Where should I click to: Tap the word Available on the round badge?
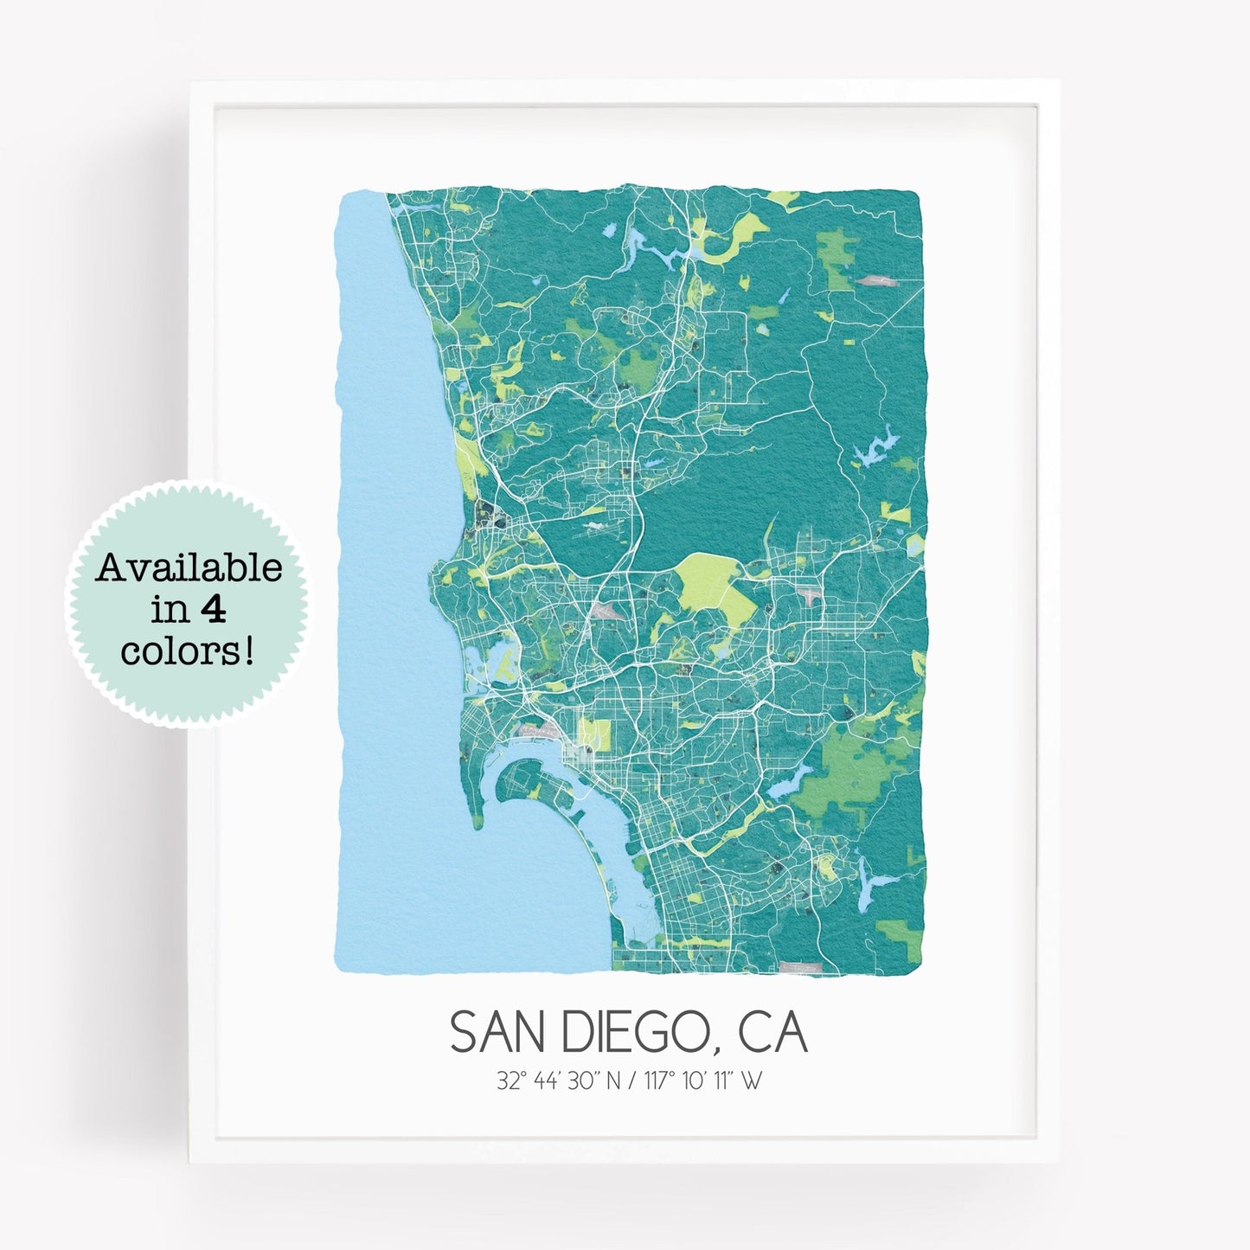click(189, 568)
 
